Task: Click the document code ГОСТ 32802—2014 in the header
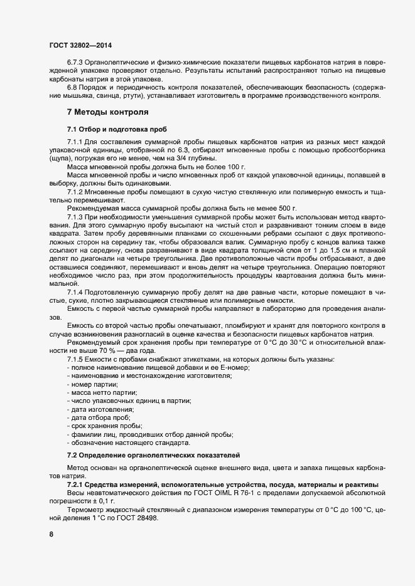[x=80, y=45]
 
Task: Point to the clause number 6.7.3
[x=76, y=65]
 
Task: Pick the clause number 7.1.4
[x=76, y=292]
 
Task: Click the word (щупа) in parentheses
[x=60, y=160]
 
